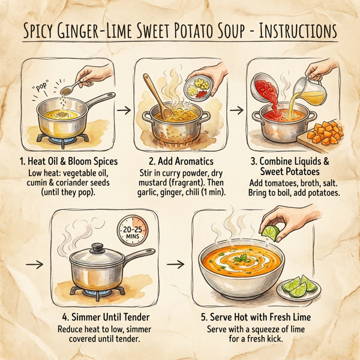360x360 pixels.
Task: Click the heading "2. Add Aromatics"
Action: (180, 163)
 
